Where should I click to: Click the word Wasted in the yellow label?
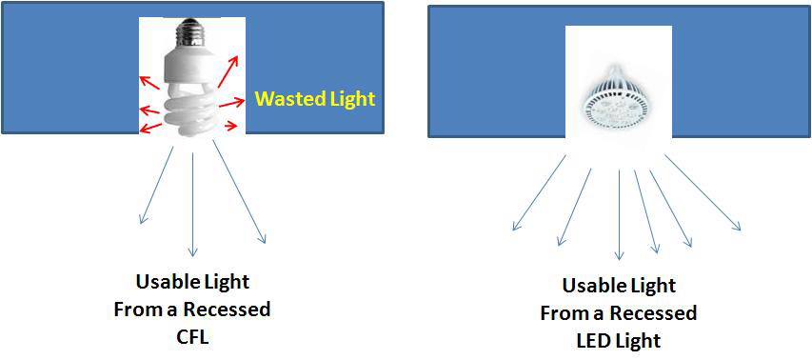click(x=286, y=98)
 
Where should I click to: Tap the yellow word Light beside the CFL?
click(x=347, y=98)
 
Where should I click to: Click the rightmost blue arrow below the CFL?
click(x=239, y=190)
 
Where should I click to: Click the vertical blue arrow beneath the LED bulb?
click(x=620, y=213)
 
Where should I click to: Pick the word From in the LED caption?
click(x=562, y=313)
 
